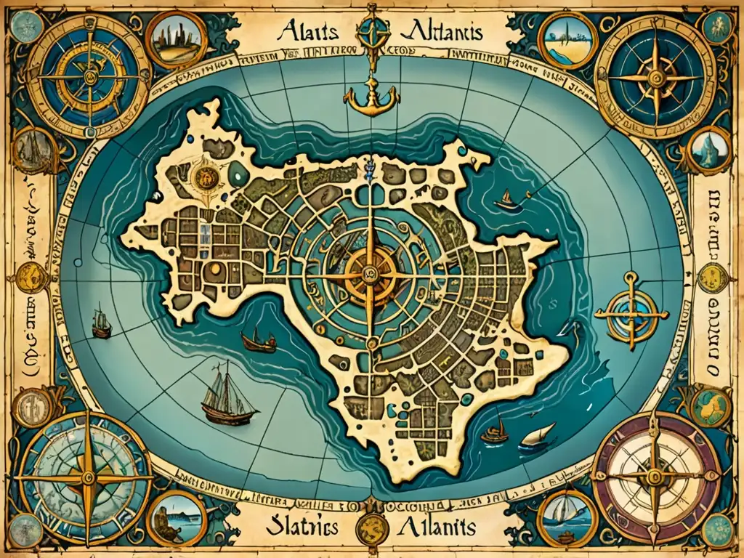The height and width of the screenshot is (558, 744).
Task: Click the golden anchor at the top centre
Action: (372, 95)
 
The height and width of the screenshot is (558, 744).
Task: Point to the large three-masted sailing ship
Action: (227, 399)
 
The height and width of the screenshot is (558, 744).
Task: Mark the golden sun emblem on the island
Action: (206, 176)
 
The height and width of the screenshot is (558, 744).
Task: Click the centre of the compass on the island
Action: (370, 273)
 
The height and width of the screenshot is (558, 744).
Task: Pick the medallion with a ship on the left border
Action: (33, 149)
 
